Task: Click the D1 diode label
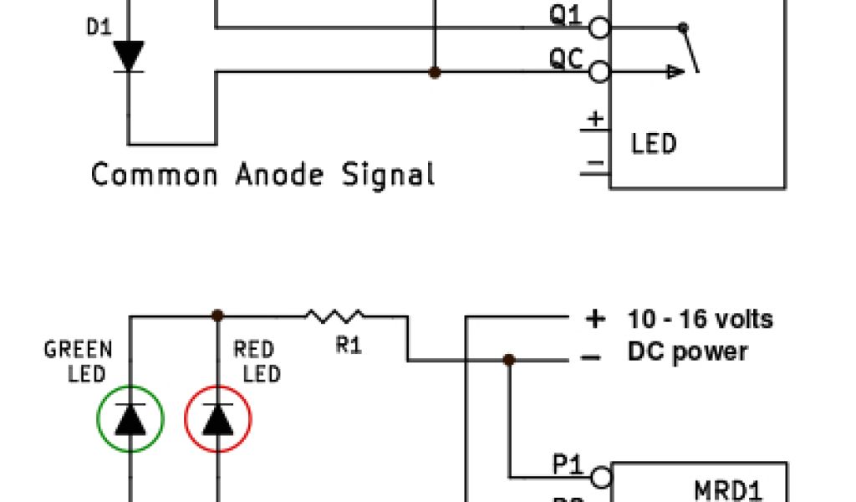coord(99,28)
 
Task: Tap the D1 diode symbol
coord(129,56)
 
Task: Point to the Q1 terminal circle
coord(599,28)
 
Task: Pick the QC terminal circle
coord(599,73)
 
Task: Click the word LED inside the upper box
coord(653,144)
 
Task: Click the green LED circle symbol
coord(130,419)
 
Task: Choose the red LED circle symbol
coord(218,419)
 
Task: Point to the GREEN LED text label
coord(79,361)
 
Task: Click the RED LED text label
coord(255,361)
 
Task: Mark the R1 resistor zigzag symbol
coord(334,316)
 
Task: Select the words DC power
coord(687,352)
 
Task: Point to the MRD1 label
coord(728,489)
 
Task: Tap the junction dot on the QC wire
coord(434,73)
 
